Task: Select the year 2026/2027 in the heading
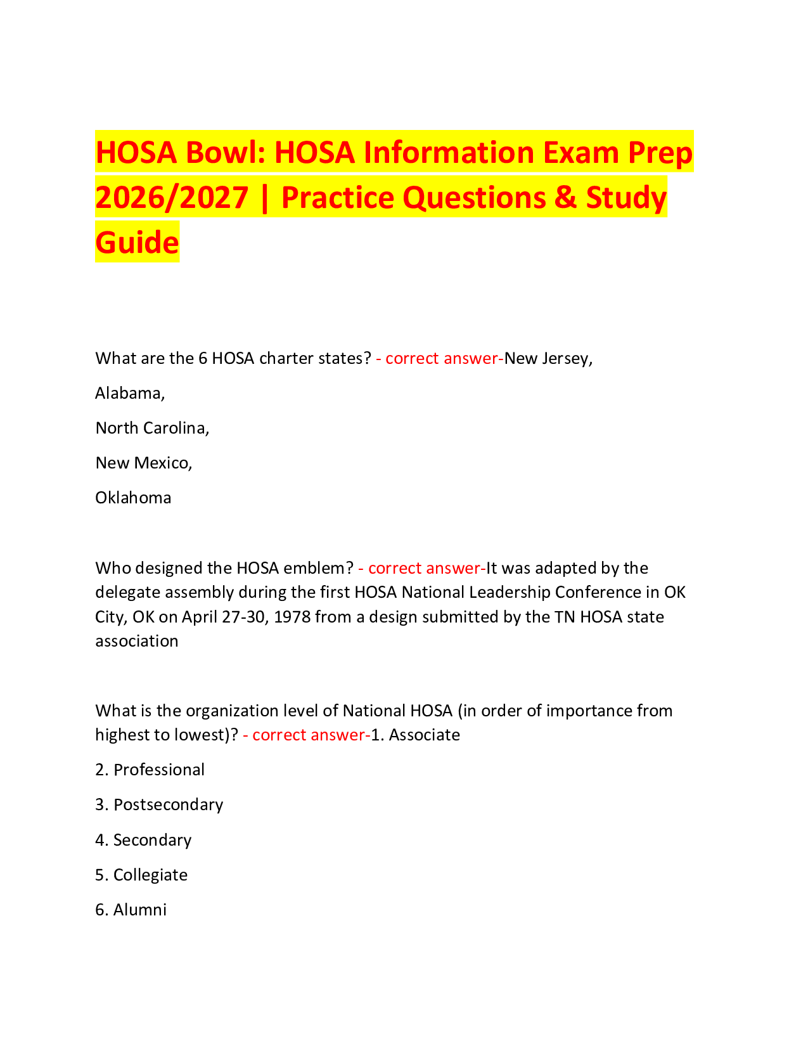pos(172,197)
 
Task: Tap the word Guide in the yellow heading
pos(137,242)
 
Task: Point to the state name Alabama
pos(130,394)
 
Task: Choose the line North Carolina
pos(152,429)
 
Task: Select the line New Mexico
pos(144,463)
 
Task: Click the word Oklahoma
pos(133,498)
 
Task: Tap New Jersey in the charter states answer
pos(548,359)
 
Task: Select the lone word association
pos(137,641)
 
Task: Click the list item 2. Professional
pos(150,770)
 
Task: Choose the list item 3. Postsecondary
pos(159,805)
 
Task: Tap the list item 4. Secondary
pos(143,841)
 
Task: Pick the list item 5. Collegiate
pos(141,875)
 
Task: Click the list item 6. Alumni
pos(131,910)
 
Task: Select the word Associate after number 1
pos(424,735)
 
